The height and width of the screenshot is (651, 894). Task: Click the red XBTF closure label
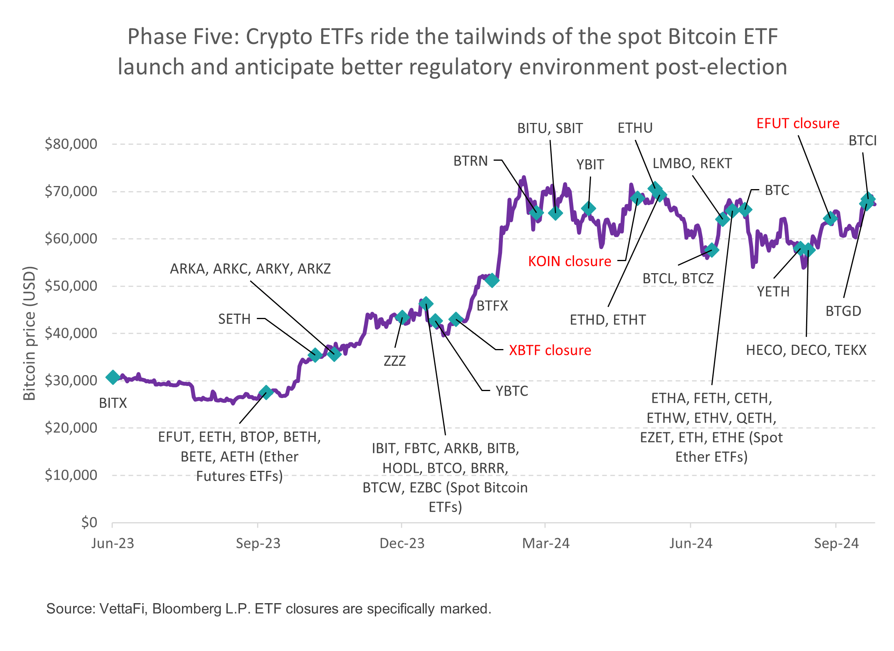click(550, 350)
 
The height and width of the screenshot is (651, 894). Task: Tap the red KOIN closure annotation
click(570, 261)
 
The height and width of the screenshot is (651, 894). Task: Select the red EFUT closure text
click(798, 123)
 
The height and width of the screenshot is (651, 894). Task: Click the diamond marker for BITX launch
click(113, 377)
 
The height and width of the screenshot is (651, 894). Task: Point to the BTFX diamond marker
click(492, 281)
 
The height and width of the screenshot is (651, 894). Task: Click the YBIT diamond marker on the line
click(588, 209)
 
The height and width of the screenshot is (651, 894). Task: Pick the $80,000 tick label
click(71, 144)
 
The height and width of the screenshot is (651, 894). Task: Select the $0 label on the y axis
click(89, 522)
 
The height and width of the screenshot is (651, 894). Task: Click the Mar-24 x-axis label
click(546, 544)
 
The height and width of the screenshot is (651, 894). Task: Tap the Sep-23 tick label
click(258, 544)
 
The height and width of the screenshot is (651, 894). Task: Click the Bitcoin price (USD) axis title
click(30, 333)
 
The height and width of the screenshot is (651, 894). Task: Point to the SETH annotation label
click(234, 319)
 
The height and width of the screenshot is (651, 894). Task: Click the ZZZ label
click(395, 361)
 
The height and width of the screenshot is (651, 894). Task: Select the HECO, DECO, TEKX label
click(806, 350)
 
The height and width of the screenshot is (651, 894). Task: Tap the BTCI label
click(863, 141)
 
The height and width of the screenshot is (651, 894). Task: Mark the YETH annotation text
click(773, 292)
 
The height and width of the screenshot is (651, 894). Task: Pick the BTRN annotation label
click(470, 161)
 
